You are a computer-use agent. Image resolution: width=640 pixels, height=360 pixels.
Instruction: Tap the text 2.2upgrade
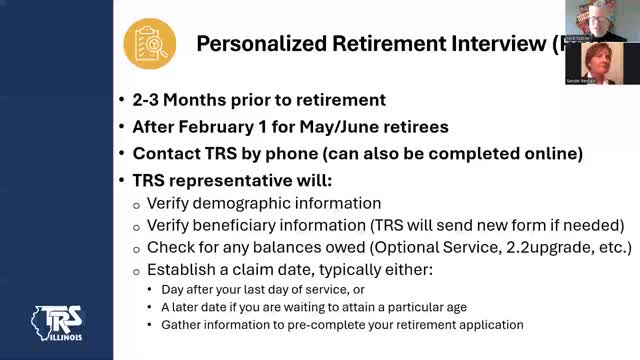point(541,247)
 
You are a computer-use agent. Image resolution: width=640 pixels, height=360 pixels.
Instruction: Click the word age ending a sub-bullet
point(464,307)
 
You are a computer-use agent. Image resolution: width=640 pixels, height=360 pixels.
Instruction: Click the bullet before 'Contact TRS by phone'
point(121,154)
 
